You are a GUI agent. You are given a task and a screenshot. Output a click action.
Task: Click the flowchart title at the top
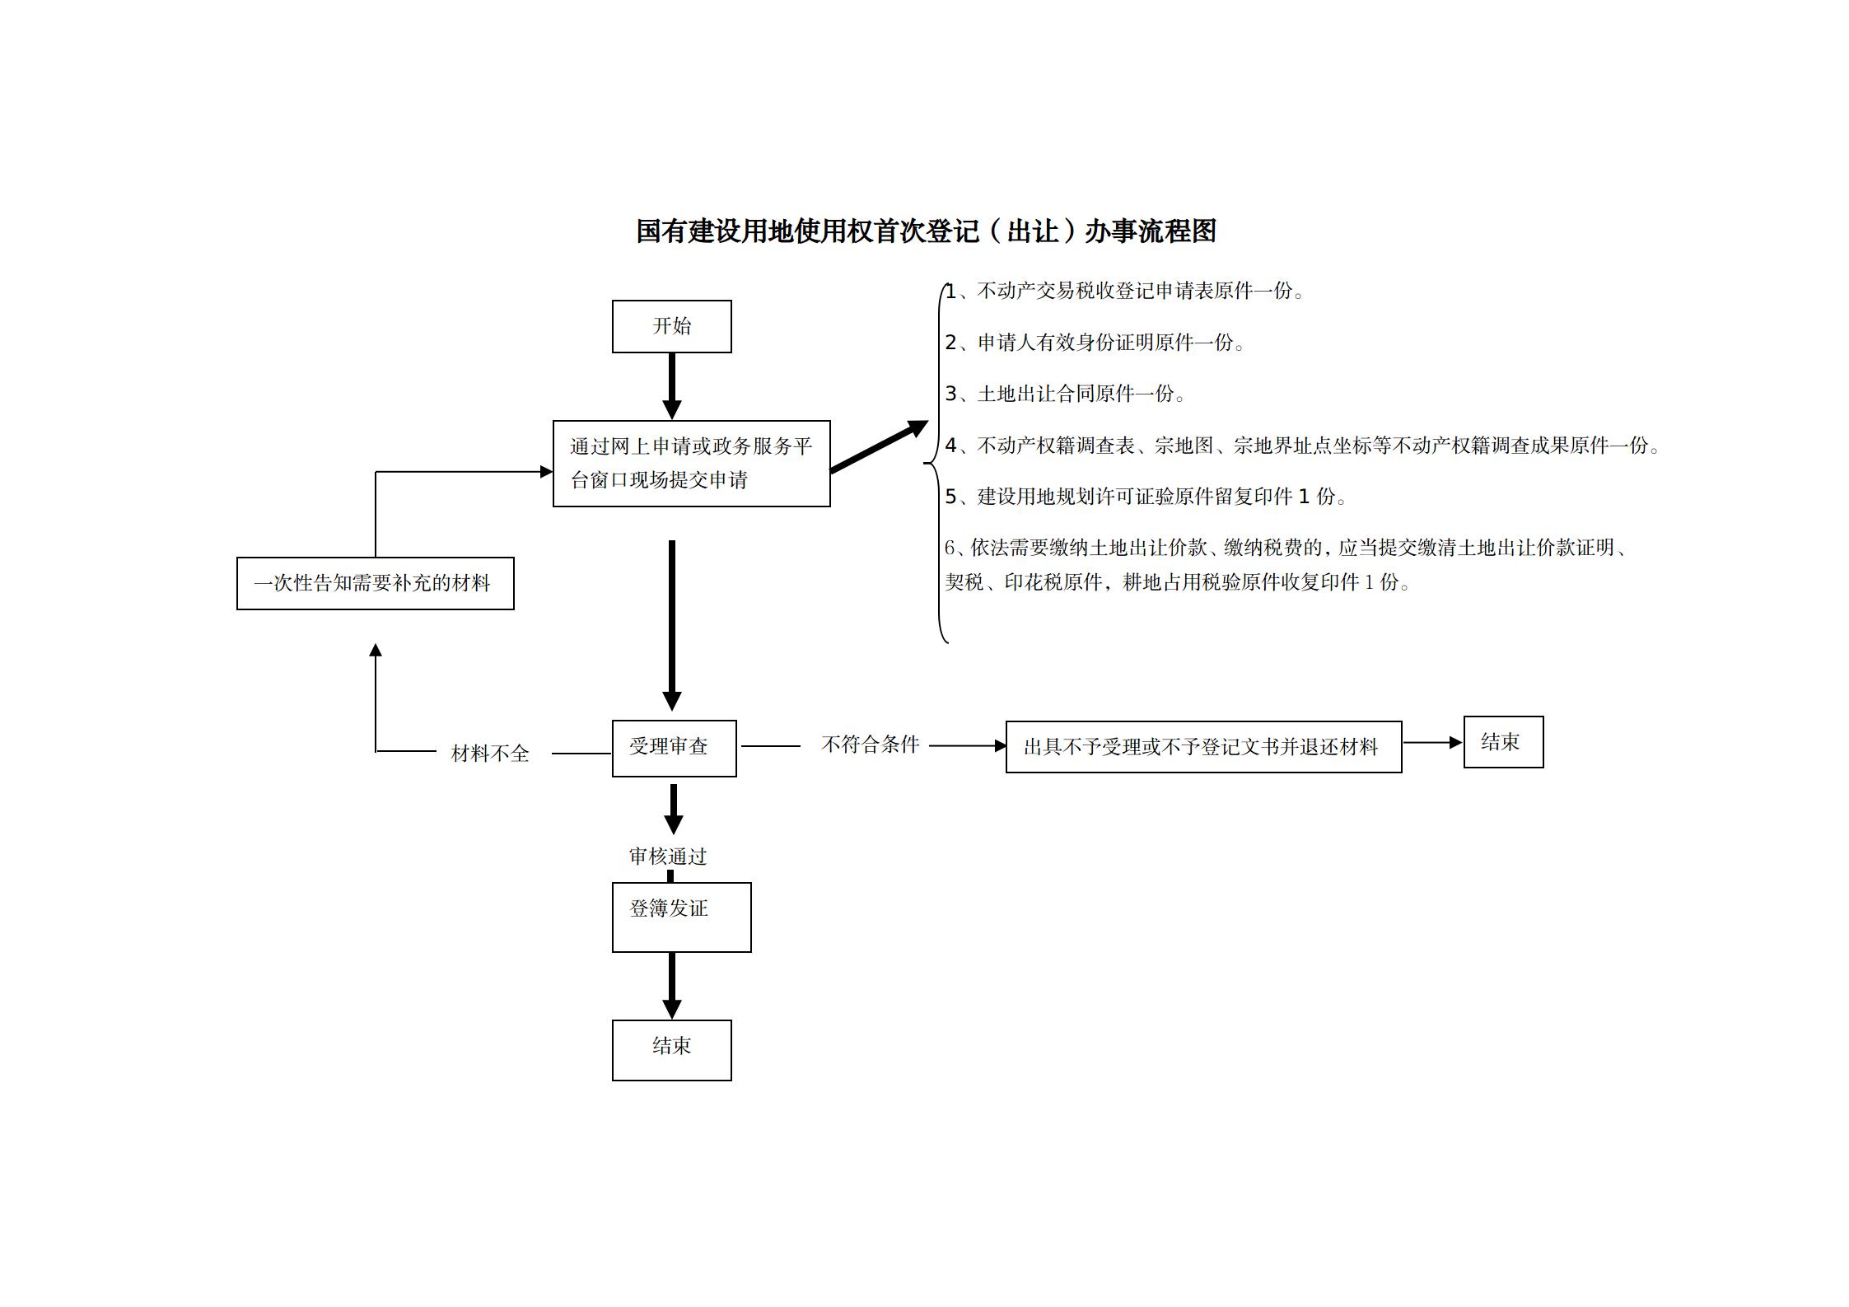(x=926, y=231)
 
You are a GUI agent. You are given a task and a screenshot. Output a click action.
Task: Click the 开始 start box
(x=671, y=327)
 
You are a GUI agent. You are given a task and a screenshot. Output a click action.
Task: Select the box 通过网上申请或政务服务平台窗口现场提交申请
(x=691, y=464)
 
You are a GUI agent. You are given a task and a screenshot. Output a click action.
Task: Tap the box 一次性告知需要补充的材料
(x=375, y=584)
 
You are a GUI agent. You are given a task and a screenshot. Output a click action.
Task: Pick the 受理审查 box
(x=674, y=748)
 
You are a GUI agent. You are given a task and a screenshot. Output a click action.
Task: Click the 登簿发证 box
(x=681, y=917)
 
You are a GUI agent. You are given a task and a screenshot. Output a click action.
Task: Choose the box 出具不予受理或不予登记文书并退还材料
(x=1203, y=747)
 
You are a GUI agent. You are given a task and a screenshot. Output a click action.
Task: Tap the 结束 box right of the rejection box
(x=1503, y=742)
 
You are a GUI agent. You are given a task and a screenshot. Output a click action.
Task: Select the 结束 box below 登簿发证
(x=671, y=1050)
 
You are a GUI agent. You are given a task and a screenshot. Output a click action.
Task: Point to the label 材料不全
(x=490, y=754)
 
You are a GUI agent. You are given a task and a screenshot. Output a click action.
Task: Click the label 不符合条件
(x=870, y=745)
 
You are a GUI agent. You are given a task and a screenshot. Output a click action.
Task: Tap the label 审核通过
(x=668, y=857)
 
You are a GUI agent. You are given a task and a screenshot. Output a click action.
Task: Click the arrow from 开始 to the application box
(x=672, y=385)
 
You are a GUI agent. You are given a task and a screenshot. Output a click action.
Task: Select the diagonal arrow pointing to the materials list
(x=878, y=447)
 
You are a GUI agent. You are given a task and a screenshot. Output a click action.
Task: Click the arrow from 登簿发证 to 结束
(x=672, y=985)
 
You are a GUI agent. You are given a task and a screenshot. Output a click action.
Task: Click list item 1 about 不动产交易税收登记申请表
(x=1125, y=292)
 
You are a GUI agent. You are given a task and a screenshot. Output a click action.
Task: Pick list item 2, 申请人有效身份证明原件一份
(x=1095, y=343)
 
